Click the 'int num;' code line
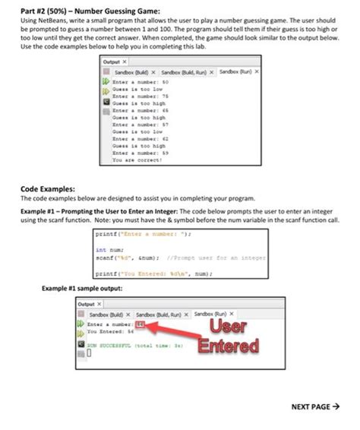point(106,248)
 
